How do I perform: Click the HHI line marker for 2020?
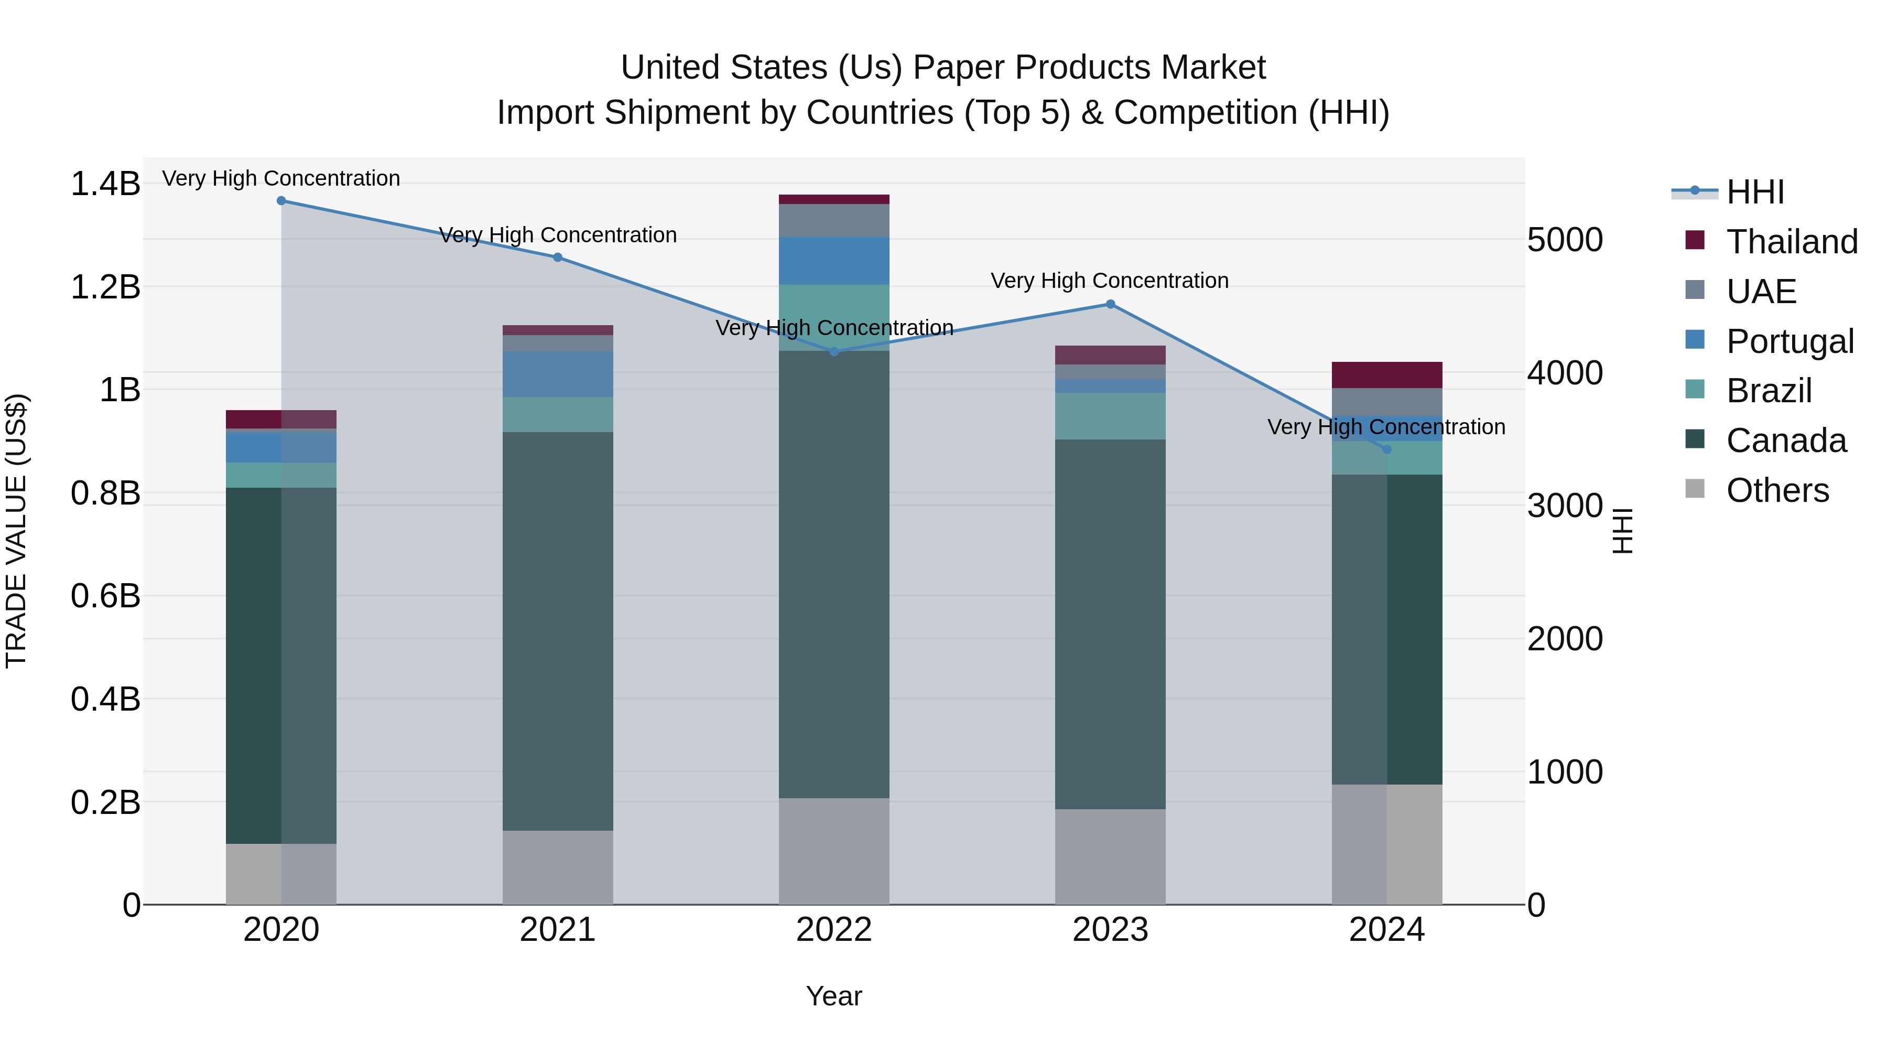pos(281,200)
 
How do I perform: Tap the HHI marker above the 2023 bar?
pos(1110,304)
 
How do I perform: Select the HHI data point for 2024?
pos(1386,449)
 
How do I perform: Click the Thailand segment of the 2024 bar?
pos(1386,374)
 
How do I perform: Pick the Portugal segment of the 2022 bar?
pos(833,260)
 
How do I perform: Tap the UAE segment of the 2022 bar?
pos(833,220)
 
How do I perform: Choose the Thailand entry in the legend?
pos(1792,242)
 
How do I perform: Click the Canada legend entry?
pos(1786,441)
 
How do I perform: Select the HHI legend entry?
pos(1755,192)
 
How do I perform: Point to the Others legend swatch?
pos(1695,489)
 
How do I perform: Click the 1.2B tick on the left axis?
pos(105,286)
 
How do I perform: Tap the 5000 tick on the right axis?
pos(1565,240)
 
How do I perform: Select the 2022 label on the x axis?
pos(833,930)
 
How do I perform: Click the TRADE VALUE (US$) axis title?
pos(16,531)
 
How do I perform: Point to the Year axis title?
pos(833,996)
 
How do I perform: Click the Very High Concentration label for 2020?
pos(281,178)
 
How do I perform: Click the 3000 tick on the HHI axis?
pos(1565,506)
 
